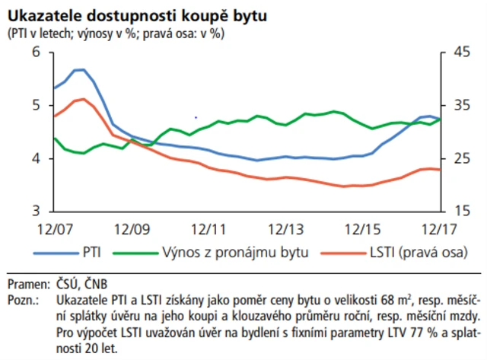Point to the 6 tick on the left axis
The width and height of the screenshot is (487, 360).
36,52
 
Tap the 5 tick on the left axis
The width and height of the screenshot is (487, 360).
36,105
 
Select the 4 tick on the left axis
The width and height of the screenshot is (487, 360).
36,158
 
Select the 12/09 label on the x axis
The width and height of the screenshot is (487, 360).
131,228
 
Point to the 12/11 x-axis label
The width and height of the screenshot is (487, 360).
208,228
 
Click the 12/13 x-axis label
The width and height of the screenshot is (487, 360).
285,228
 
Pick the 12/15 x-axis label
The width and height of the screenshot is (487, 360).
361,228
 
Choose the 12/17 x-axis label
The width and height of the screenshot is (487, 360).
438,228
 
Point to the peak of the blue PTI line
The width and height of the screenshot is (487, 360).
79,69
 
